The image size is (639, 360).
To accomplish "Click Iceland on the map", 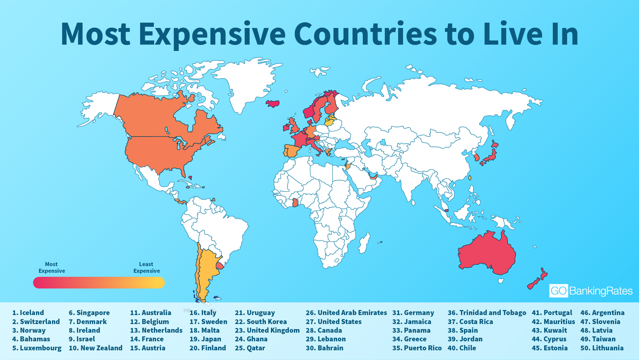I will point(273,104).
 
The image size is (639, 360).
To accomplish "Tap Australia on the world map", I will point(486,253).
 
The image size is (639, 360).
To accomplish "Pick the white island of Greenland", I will point(246,83).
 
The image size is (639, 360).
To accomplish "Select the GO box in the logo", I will point(558,291).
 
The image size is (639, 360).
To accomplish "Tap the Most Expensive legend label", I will point(52,267).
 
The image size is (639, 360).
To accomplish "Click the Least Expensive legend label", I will point(146,267).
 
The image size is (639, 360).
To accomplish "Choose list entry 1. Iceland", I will point(28,313).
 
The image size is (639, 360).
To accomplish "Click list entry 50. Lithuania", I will point(602,348).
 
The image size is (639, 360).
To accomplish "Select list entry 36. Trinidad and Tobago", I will point(487,313).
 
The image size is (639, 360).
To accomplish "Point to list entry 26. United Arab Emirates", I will point(346,313).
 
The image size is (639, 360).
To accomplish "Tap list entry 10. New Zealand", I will point(96,348).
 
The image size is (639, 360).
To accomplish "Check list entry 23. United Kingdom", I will point(267,330).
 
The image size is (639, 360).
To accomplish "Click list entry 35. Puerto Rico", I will point(417,348).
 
